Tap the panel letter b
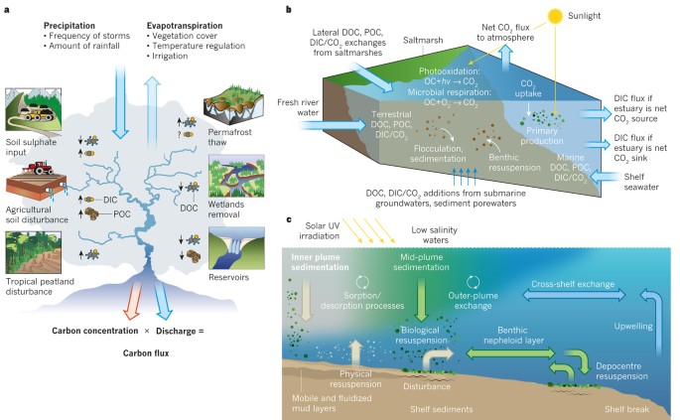(288, 10)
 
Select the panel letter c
(288, 218)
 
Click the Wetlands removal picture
(234, 179)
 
